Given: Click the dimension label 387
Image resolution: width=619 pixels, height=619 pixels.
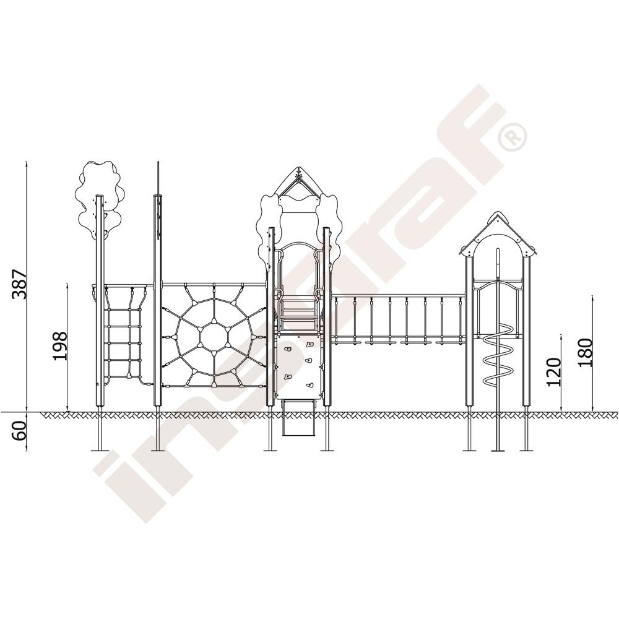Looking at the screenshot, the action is [19, 284].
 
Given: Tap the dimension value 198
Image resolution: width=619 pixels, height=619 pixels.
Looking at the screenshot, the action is [61, 346].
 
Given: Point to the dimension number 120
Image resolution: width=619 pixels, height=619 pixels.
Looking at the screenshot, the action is [554, 372].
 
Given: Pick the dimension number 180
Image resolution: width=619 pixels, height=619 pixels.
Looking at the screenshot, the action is [586, 353].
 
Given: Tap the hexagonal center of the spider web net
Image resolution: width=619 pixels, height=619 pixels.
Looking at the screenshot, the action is [214, 336].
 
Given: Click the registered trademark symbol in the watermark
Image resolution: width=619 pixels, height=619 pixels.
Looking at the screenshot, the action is [512, 137].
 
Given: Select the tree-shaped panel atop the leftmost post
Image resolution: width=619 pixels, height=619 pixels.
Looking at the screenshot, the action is [100, 199].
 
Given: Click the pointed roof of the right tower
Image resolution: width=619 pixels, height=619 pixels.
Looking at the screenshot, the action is [498, 233].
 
